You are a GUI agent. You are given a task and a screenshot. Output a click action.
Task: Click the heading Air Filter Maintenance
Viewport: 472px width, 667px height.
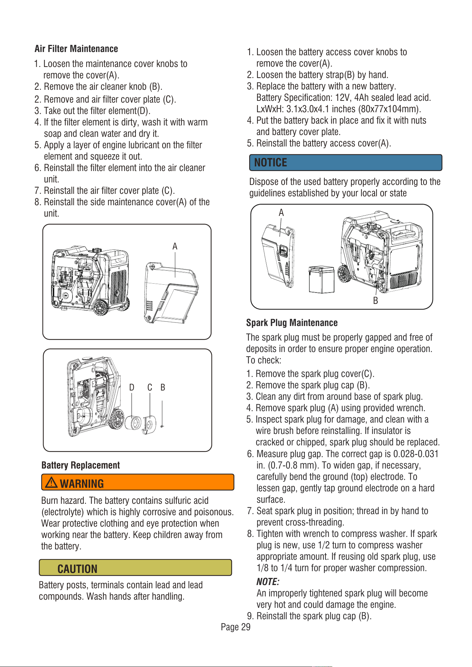coord(76,49)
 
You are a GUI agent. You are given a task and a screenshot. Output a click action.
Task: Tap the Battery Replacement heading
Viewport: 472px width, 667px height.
coord(81,465)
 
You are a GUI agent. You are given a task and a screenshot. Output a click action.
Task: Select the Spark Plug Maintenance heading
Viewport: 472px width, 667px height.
coord(292,323)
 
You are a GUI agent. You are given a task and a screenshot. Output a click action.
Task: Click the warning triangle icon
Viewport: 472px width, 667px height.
coord(52,482)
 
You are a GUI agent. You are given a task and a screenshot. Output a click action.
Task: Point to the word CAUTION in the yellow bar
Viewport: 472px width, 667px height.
coord(77,569)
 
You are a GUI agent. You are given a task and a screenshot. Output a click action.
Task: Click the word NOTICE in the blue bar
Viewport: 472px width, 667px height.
coord(271,162)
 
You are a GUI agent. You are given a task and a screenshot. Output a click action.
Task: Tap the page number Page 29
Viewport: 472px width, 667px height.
coord(236,627)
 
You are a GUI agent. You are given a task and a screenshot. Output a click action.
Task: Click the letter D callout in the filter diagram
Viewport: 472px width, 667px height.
coord(132,387)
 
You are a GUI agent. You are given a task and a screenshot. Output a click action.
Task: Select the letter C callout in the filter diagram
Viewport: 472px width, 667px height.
coord(150,387)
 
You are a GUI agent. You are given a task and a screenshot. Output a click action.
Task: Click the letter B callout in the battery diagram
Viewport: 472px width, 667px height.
coord(375,301)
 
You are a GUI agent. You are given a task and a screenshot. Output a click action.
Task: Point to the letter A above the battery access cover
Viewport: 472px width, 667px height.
coord(281,213)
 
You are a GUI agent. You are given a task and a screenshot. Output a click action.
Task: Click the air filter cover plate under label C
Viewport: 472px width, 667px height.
coord(149,424)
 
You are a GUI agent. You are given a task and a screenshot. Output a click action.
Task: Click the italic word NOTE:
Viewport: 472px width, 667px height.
coord(268,582)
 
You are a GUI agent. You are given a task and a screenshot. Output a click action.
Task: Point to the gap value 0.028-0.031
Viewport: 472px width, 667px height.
coord(416,454)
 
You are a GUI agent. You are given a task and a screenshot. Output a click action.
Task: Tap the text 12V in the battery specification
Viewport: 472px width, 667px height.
coord(342,98)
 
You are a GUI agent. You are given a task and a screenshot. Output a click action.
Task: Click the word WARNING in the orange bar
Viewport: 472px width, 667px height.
coord(82,484)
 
